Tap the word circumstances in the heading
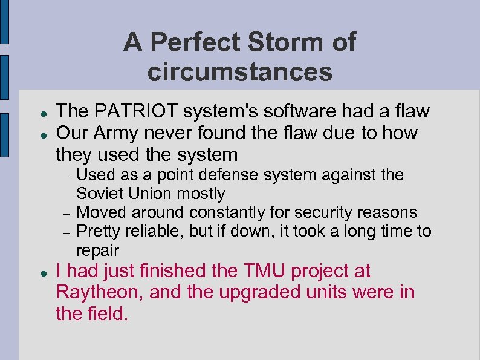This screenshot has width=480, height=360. (239, 72)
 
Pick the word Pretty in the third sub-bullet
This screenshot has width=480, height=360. (97, 232)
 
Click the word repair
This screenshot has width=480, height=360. (97, 250)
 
